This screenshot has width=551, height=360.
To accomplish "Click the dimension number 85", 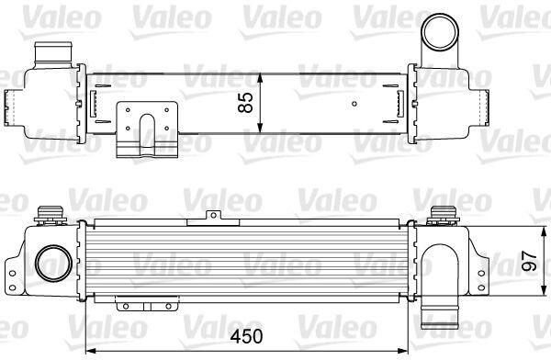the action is (245, 102).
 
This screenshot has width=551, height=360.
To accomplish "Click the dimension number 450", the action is (246, 336).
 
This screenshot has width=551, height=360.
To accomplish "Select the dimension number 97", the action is (529, 261).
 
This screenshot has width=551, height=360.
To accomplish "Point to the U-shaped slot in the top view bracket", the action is (147, 130).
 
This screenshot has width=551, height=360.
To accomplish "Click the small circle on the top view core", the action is (354, 104).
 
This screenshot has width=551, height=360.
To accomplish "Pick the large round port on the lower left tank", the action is (53, 264).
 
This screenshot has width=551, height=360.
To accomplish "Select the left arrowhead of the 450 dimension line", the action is (91, 351).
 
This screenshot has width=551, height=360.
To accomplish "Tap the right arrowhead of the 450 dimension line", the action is (403, 351).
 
